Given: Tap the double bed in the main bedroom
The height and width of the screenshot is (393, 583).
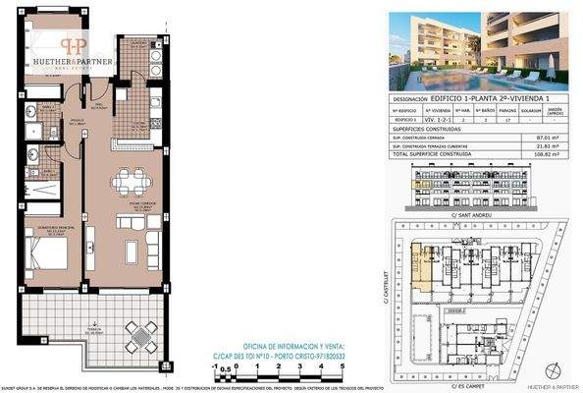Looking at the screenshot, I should [x=44, y=252].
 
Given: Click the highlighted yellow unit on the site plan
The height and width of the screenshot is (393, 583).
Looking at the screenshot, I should [x=424, y=265].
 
